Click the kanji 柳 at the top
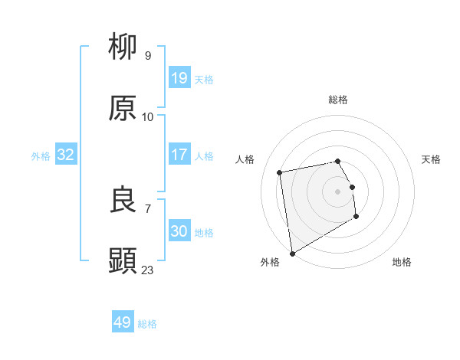click(x=123, y=47)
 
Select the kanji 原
click(x=123, y=109)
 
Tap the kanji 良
click(x=123, y=200)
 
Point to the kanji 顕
click(x=123, y=261)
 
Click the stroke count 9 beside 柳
click(x=148, y=55)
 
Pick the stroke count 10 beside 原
click(x=148, y=116)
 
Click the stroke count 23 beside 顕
click(x=148, y=270)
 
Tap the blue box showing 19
click(x=179, y=78)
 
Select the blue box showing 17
click(x=179, y=155)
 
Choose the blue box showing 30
click(x=179, y=231)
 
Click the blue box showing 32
click(x=66, y=155)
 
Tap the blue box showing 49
click(x=123, y=322)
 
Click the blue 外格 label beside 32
click(x=41, y=156)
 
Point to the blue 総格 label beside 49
click(x=147, y=324)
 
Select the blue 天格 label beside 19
click(x=204, y=80)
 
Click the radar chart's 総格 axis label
click(x=338, y=100)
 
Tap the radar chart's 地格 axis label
click(x=402, y=262)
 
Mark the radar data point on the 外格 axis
click(x=291, y=253)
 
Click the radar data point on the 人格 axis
click(x=280, y=172)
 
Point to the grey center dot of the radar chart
click(x=338, y=191)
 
